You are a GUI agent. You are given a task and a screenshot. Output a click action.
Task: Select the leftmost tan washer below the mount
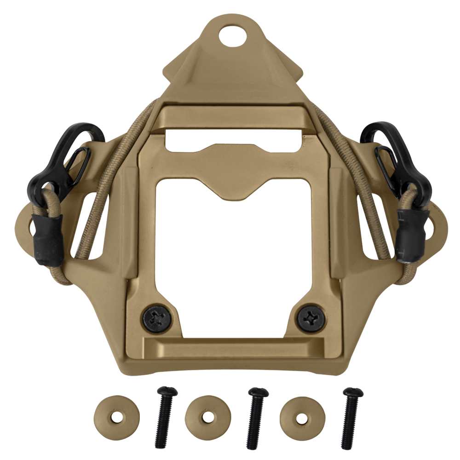116,417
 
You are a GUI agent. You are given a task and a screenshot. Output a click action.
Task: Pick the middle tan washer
207,418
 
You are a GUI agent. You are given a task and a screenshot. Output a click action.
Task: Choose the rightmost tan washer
302,418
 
